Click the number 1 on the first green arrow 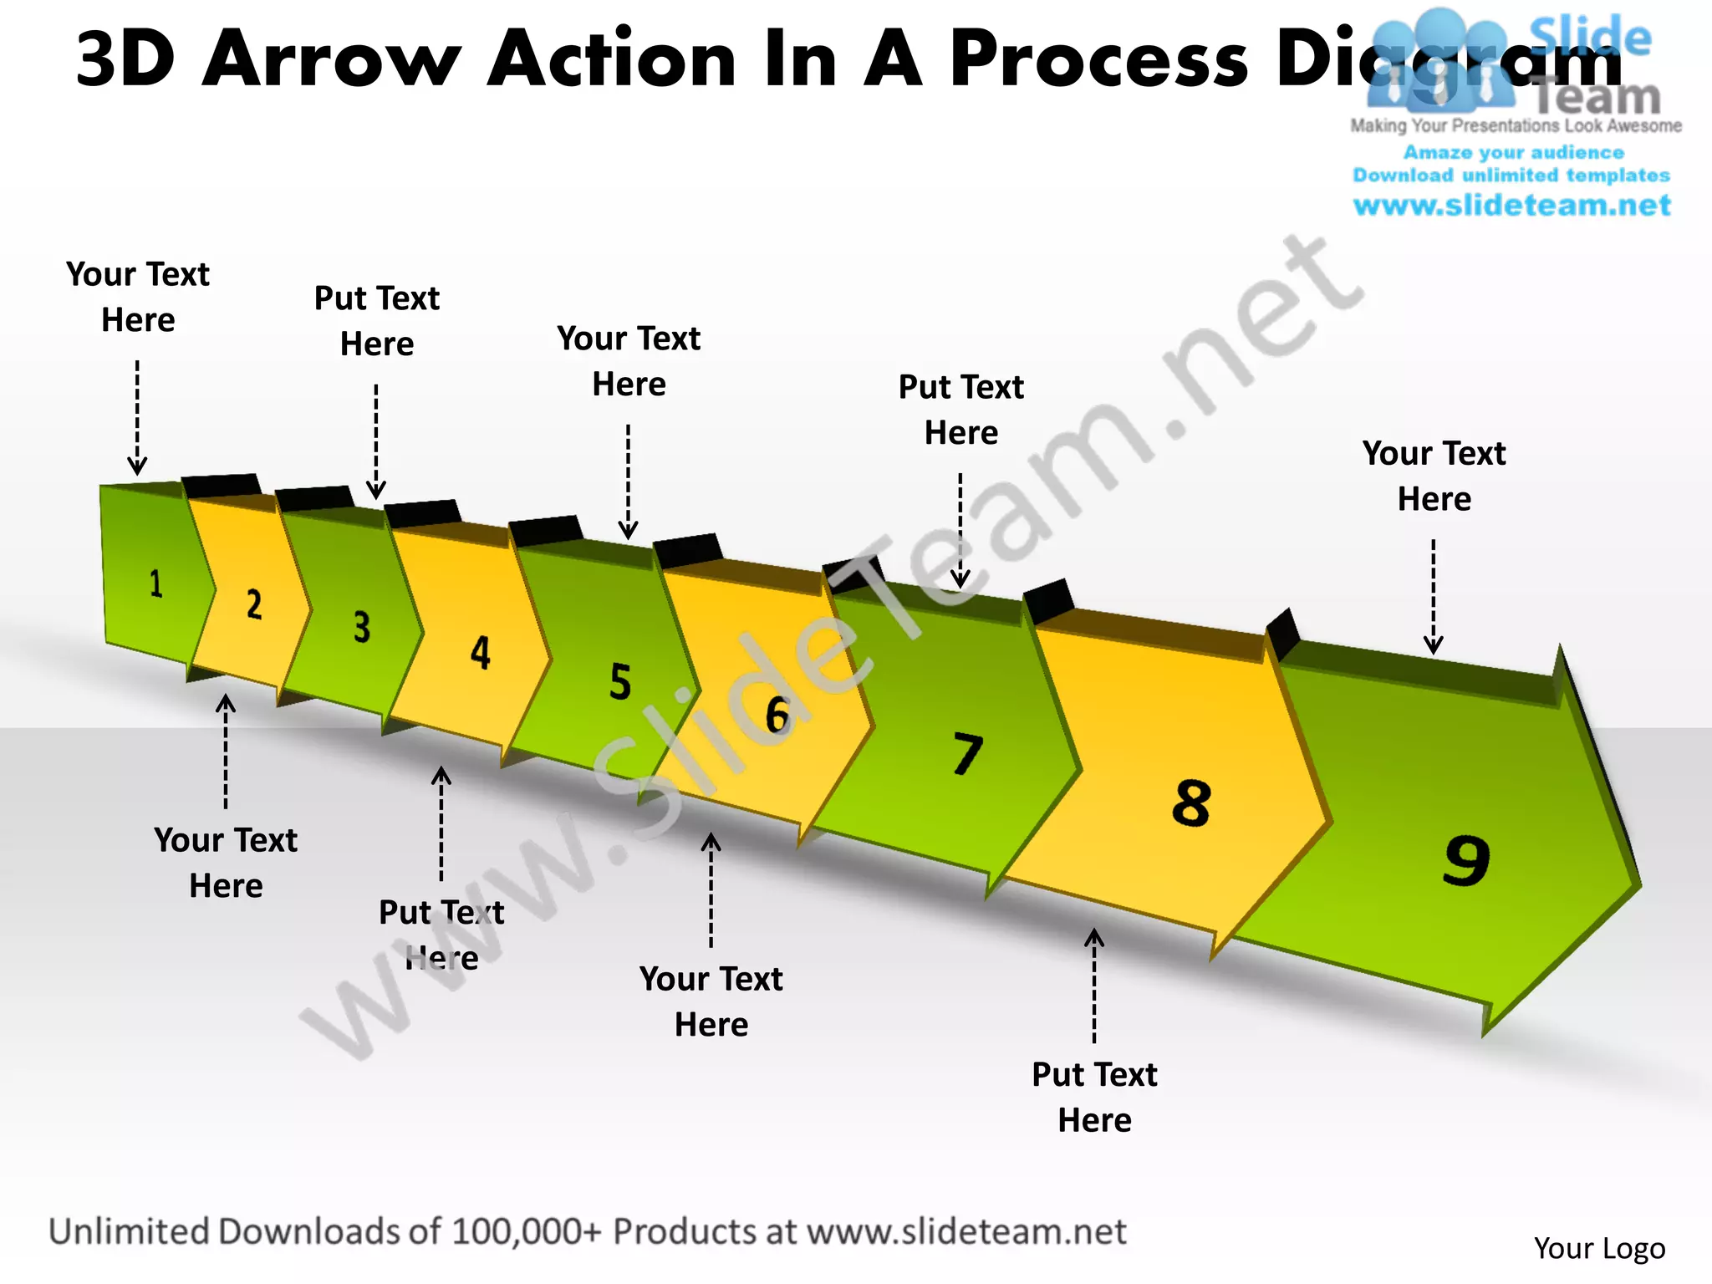tap(155, 583)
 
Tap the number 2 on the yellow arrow tap(254, 604)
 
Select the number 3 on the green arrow tap(361, 627)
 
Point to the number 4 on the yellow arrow tap(480, 653)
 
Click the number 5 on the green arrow tap(620, 681)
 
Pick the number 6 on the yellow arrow tap(777, 716)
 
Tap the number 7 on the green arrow tap(967, 754)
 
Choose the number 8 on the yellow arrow tap(1191, 803)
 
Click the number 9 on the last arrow tap(1466, 860)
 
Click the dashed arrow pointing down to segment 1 tap(137, 417)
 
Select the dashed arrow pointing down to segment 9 tap(1434, 596)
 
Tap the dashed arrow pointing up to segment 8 tap(1094, 986)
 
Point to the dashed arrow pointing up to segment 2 tap(226, 752)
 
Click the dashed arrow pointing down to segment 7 tap(960, 531)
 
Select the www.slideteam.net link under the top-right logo tap(1511, 205)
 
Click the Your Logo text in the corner tap(1599, 1248)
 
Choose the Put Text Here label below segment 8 tap(1094, 1097)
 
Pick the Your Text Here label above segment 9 tap(1434, 476)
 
